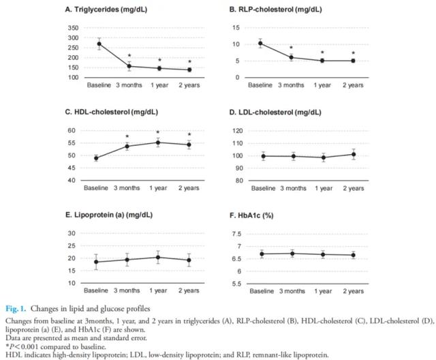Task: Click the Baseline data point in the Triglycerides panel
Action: pyautogui.click(x=99, y=44)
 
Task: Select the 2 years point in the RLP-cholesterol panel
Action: pyautogui.click(x=353, y=61)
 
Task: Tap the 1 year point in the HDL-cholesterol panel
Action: pyautogui.click(x=158, y=142)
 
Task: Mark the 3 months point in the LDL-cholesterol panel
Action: pyautogui.click(x=294, y=156)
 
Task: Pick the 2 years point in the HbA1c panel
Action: pyautogui.click(x=353, y=255)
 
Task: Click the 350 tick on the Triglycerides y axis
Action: pyautogui.click(x=72, y=28)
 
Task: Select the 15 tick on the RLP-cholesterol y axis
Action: pyautogui.click(x=236, y=28)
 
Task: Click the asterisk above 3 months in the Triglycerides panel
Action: pyautogui.click(x=129, y=56)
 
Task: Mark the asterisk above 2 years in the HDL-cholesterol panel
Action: pyautogui.click(x=189, y=134)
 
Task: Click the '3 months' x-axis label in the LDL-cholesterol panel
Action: pyautogui.click(x=294, y=187)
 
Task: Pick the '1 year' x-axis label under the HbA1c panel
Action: pyautogui.click(x=323, y=290)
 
